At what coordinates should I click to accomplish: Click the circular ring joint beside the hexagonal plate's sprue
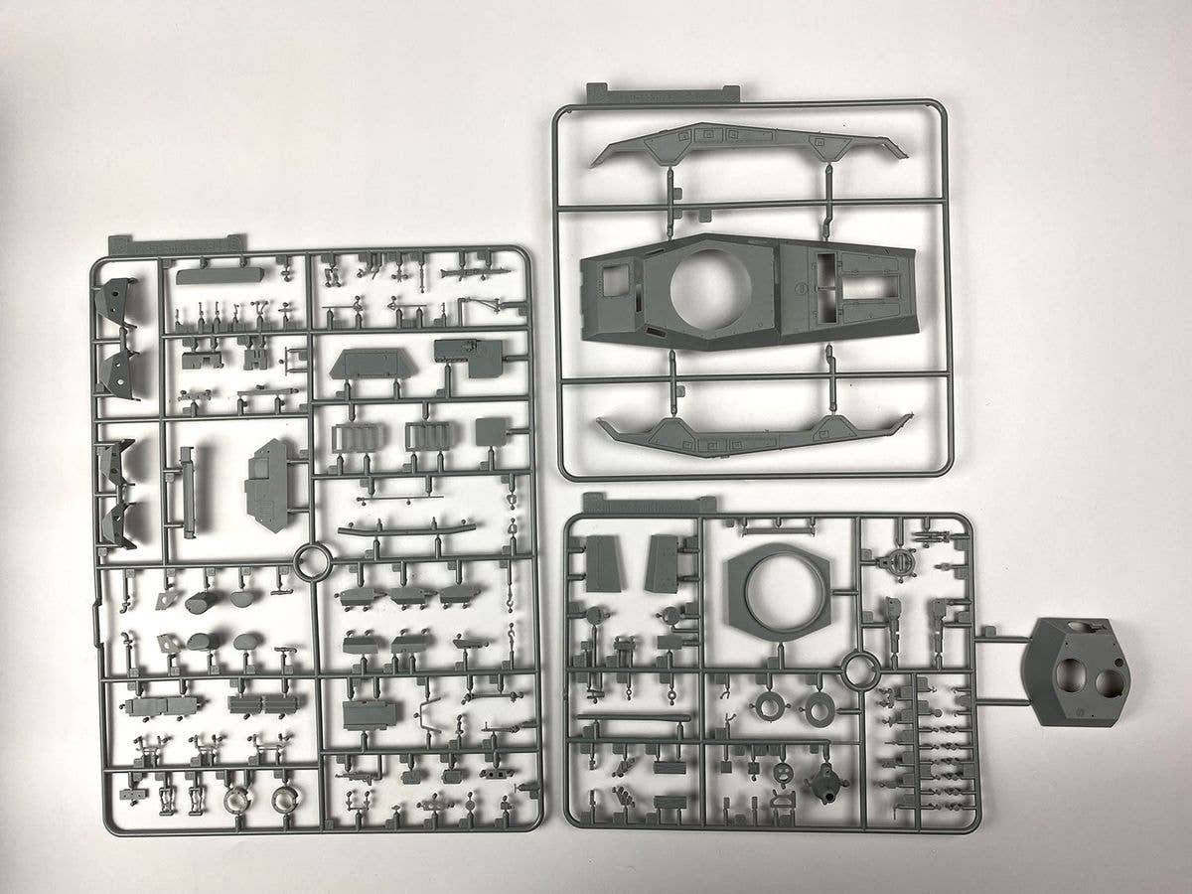855,672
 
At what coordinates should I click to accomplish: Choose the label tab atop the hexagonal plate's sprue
650,503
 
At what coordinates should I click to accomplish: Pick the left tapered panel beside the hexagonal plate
603,561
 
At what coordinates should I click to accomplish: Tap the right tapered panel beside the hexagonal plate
666,561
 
